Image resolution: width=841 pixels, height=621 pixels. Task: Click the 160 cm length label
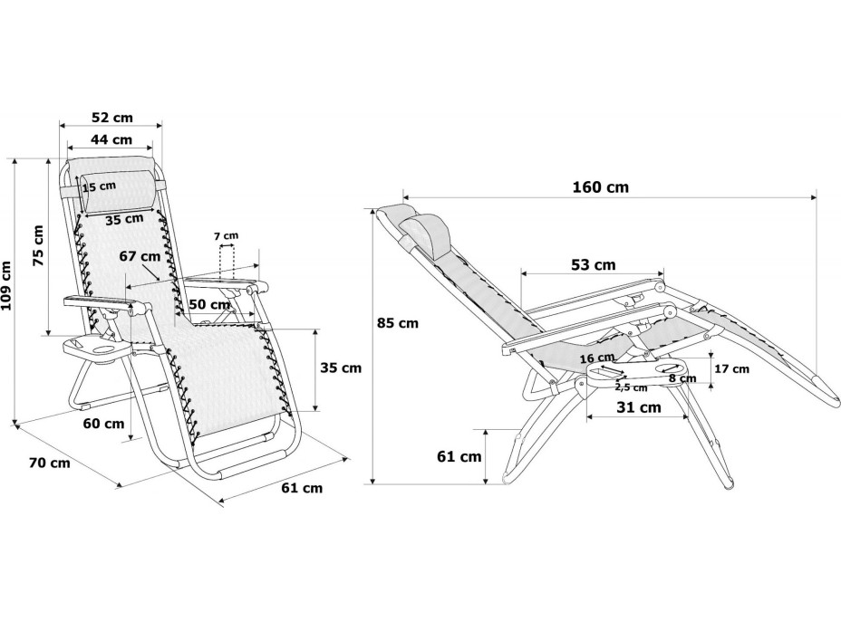(600, 188)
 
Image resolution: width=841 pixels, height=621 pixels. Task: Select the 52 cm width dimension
(111, 118)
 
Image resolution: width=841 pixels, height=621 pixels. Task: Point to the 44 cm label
(110, 139)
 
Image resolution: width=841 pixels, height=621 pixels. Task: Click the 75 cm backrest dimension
(37, 245)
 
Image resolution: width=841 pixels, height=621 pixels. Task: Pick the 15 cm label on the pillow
(100, 186)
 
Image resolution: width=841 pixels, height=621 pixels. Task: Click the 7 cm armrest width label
(226, 236)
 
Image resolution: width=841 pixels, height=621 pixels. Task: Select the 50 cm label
(209, 304)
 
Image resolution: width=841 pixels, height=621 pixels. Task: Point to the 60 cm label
(102, 424)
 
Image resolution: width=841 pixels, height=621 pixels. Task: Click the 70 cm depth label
(49, 463)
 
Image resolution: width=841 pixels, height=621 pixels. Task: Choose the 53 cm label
(593, 264)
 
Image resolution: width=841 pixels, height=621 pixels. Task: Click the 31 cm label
(638, 407)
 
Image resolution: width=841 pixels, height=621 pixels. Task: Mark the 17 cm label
(732, 368)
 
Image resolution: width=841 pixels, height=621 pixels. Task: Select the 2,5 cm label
(631, 387)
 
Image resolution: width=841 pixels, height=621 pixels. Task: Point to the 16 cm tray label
(596, 358)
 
